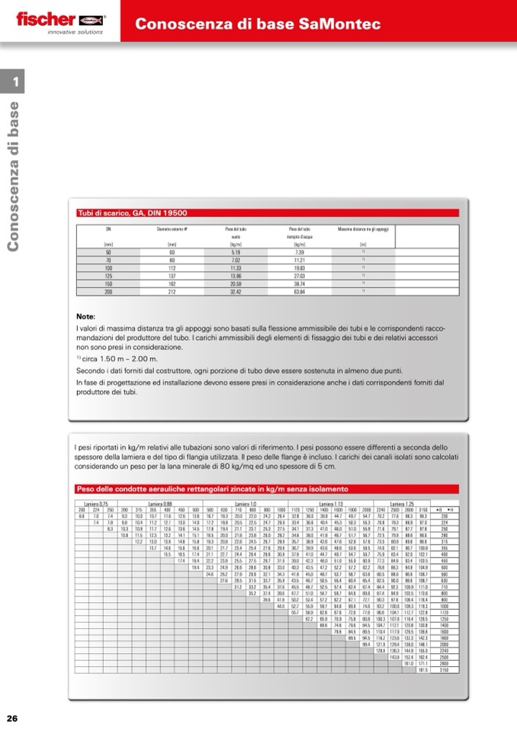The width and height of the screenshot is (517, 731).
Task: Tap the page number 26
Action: (12, 718)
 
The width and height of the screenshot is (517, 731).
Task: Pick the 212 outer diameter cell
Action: (172, 291)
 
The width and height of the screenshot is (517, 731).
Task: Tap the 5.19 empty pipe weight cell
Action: (236, 252)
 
